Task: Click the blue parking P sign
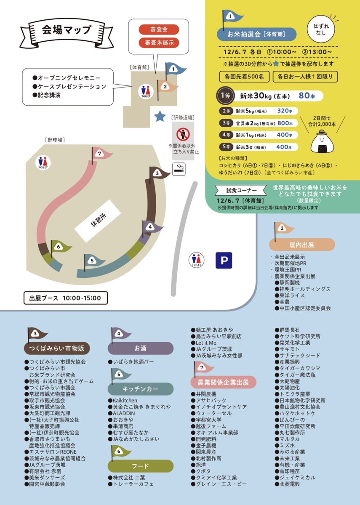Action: (x=224, y=260)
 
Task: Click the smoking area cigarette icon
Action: (x=179, y=168)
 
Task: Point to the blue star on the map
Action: (x=160, y=117)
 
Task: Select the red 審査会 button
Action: (x=159, y=29)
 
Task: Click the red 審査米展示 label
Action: (x=159, y=43)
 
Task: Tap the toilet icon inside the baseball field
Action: (x=43, y=162)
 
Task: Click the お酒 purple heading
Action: (x=140, y=348)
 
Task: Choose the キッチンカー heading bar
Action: (x=140, y=389)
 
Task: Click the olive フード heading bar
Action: (x=140, y=466)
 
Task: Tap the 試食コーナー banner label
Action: (x=233, y=190)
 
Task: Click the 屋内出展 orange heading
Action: (x=302, y=245)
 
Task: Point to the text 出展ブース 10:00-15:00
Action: (x=65, y=298)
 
